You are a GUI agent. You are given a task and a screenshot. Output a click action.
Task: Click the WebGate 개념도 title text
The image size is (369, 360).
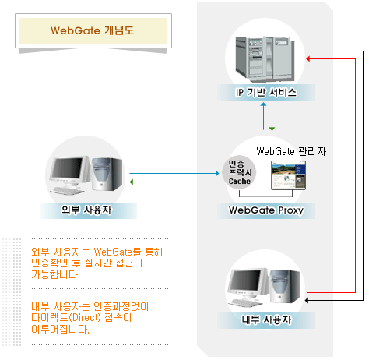pos(92,30)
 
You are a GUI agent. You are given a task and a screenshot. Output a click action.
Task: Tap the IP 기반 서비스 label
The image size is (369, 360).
pos(266,92)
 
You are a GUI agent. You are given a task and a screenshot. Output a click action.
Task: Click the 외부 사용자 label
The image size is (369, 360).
pos(86,210)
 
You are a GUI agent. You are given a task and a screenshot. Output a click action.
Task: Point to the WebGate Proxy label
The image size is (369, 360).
pos(266,210)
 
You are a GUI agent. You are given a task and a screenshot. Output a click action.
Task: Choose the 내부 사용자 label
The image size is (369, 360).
pos(266,319)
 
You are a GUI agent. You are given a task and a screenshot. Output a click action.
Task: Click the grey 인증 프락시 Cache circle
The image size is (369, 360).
pos(239,172)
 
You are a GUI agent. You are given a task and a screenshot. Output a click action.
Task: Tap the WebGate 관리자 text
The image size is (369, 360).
pos(291,151)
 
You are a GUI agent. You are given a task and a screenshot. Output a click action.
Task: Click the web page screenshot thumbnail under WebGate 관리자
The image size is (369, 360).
pos(288,175)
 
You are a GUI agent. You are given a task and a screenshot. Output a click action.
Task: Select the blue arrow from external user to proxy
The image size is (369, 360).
pos(174,173)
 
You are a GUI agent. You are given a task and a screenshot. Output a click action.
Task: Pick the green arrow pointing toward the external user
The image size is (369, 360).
pos(174,182)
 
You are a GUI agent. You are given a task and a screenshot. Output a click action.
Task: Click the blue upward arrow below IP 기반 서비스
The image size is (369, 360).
pos(263,116)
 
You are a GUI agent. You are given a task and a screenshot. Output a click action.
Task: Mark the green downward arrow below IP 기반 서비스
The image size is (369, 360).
pos(272,116)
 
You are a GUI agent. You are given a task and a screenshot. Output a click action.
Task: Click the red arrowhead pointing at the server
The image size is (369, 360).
pos(308,59)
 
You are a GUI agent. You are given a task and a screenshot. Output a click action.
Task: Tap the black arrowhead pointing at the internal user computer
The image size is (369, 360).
pos(307,301)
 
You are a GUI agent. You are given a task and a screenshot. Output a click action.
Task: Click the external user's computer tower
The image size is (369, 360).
pos(107,174)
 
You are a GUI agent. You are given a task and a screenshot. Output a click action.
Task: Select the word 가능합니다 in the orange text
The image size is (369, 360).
pos(55,274)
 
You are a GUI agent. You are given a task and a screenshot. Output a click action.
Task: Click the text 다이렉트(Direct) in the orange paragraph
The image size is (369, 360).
pos(66,318)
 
